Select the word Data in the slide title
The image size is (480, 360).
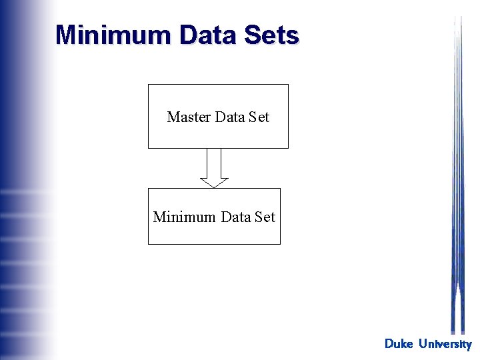point(198,35)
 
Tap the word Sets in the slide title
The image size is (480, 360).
point(271,35)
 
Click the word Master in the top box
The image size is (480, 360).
point(189,117)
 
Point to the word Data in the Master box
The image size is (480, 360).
point(231,117)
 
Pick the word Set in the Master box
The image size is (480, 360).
point(259,117)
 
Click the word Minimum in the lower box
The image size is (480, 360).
point(184,217)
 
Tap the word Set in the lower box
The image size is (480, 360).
point(265,217)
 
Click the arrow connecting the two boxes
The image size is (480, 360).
point(214,167)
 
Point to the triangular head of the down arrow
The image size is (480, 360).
point(214,182)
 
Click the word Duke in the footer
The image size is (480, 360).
point(399,344)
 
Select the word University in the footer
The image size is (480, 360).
point(445,344)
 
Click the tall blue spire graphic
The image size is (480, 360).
point(457,200)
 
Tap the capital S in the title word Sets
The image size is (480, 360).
point(252,35)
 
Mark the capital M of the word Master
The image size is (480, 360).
point(173,117)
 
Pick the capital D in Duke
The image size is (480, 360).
point(389,344)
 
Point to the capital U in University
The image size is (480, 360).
point(423,344)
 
